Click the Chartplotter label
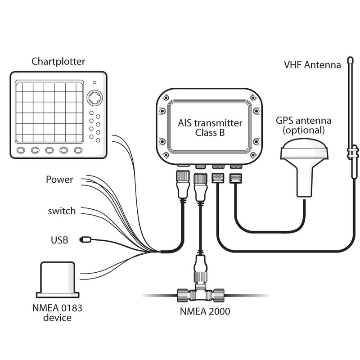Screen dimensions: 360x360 click(x=58, y=62)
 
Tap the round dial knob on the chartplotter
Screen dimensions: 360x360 click(x=94, y=98)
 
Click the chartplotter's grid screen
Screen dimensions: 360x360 click(x=49, y=112)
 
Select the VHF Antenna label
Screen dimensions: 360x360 click(x=312, y=65)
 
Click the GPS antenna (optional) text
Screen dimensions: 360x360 click(x=303, y=126)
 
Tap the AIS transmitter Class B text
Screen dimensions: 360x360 click(x=210, y=128)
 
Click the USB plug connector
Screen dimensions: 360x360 click(x=85, y=239)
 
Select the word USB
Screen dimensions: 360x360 click(x=59, y=240)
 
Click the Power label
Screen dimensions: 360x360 click(x=59, y=180)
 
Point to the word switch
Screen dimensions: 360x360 click(x=62, y=211)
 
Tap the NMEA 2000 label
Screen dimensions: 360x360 click(x=205, y=311)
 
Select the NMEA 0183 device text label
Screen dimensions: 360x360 click(x=57, y=313)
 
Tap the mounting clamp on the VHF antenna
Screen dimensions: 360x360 click(x=352, y=153)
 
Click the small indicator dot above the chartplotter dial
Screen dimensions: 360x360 click(x=94, y=82)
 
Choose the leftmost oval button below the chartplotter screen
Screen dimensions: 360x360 click(x=21, y=150)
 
